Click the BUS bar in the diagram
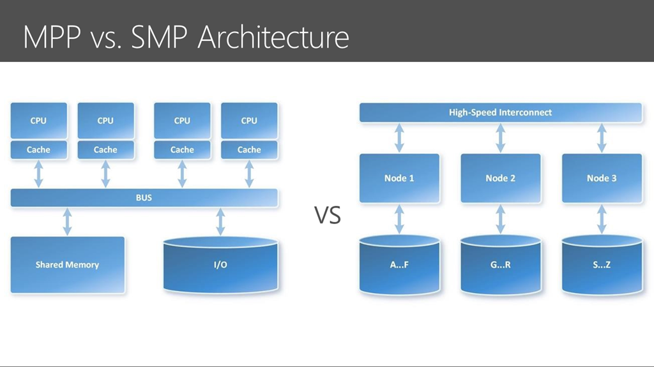(x=144, y=198)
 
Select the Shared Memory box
(x=68, y=265)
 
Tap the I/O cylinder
(x=220, y=264)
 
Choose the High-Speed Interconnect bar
(x=501, y=112)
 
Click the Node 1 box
(x=399, y=178)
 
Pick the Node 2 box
(x=501, y=178)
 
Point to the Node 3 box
(x=602, y=178)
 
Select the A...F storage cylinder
(x=399, y=265)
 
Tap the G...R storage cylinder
(x=501, y=265)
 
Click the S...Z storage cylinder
(x=602, y=265)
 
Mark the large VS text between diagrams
(x=328, y=215)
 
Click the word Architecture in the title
(x=273, y=38)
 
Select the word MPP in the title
(x=52, y=38)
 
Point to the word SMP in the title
(x=159, y=38)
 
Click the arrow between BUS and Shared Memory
(x=67, y=222)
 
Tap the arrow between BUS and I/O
(x=220, y=222)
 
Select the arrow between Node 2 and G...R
(x=501, y=219)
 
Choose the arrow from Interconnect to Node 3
(x=602, y=138)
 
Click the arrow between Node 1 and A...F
(x=399, y=219)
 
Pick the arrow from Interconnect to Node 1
(x=399, y=138)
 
